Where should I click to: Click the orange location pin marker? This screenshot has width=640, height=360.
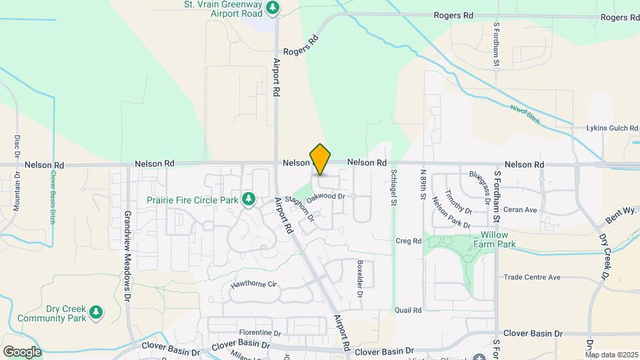(320, 159)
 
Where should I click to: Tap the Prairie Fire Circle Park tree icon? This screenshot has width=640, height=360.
(249, 199)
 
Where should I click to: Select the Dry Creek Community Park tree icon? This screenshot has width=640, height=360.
(96, 312)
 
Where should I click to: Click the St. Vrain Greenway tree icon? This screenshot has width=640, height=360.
(272, 8)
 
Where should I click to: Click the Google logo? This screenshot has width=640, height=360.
(22, 351)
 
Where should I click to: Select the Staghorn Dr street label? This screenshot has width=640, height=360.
(299, 207)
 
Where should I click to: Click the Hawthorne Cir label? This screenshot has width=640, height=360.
(253, 285)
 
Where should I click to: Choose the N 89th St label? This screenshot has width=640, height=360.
(423, 186)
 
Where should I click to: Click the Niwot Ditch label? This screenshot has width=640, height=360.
(524, 115)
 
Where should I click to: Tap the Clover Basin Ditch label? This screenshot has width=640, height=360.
(53, 197)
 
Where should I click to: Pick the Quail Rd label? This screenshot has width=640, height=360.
(407, 310)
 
